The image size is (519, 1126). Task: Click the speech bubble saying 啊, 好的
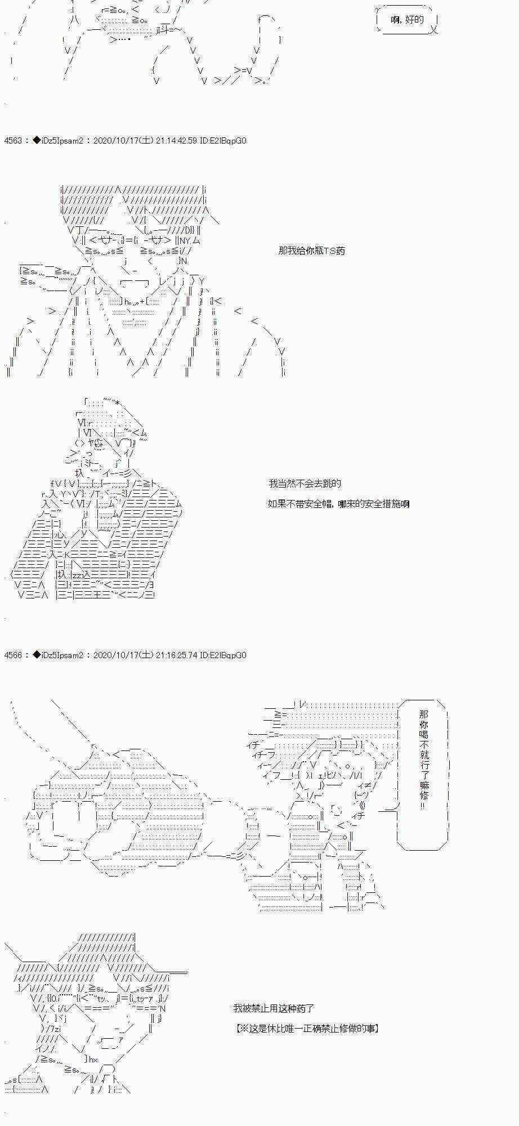tap(407, 20)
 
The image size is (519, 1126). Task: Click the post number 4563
tap(12, 141)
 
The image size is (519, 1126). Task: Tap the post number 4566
tap(12, 655)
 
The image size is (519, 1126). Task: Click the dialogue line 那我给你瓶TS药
tap(311, 251)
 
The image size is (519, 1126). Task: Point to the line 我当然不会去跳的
tap(305, 483)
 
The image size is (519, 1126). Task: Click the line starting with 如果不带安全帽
tap(338, 503)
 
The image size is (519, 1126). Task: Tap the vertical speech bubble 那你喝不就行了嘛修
tap(424, 757)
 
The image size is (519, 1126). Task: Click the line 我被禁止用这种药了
tap(274, 1008)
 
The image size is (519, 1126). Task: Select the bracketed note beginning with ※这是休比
tap(307, 1029)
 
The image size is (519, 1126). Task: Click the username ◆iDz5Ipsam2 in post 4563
tap(58, 141)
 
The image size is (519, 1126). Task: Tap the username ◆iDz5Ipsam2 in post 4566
tap(58, 655)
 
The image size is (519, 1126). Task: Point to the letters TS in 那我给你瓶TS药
tap(329, 251)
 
